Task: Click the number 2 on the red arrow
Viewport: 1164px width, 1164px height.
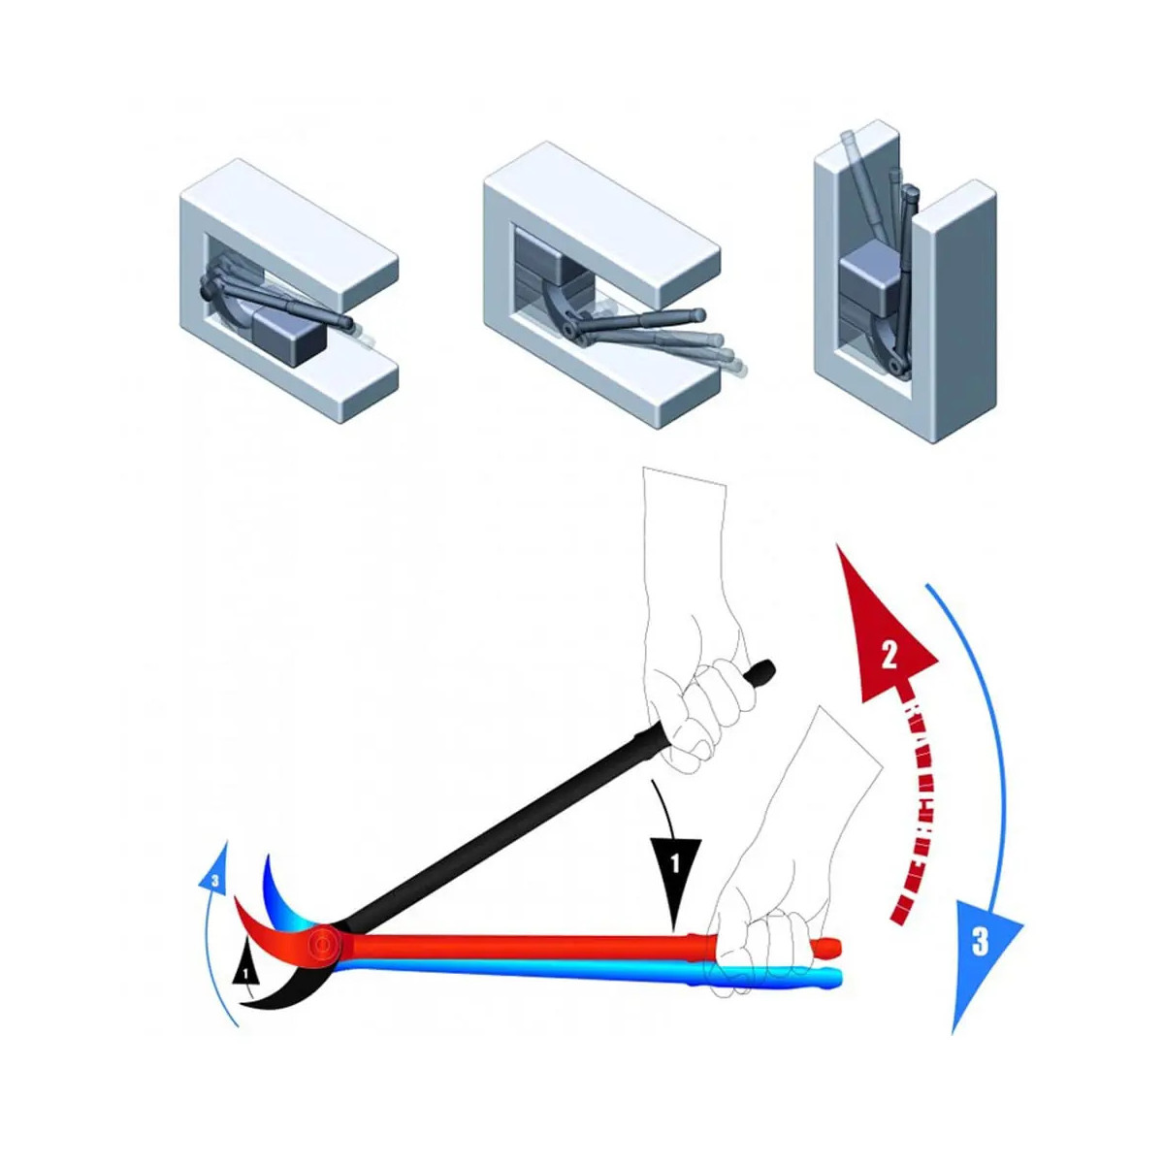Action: tap(889, 658)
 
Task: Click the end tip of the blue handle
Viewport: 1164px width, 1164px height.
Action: tap(838, 976)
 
